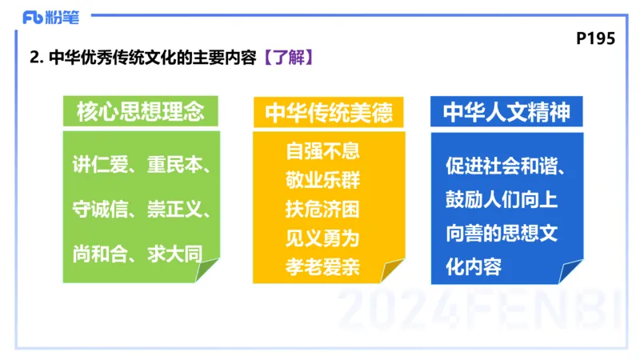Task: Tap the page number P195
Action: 595,38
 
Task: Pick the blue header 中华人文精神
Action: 506,111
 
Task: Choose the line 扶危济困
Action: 323,209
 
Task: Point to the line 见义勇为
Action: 323,238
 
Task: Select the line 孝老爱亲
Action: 323,266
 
